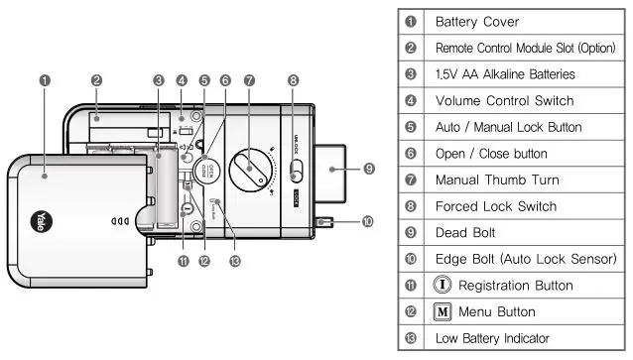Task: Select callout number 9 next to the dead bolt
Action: (368, 170)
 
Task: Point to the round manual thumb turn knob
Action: (249, 170)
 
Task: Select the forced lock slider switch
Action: (296, 171)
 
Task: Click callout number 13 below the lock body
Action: (235, 261)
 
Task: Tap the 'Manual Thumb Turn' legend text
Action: (490, 180)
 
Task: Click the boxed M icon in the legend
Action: (443, 312)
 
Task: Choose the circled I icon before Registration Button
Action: (443, 286)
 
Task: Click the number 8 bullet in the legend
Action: (411, 206)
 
